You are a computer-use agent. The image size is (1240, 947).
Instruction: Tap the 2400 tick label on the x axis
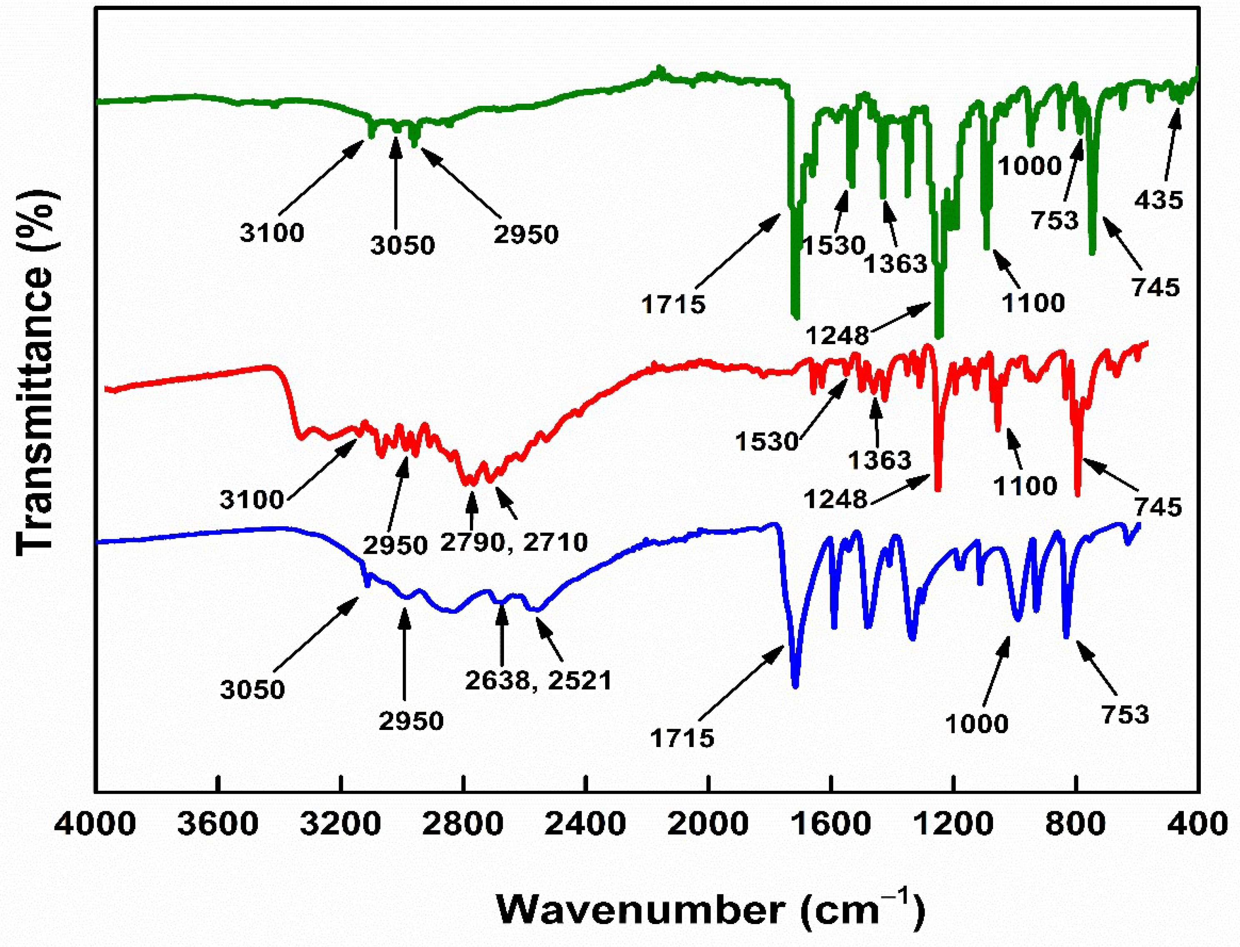(x=586, y=824)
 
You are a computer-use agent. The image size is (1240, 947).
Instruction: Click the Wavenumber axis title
(x=711, y=909)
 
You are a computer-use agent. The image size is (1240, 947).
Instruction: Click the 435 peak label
(x=1158, y=200)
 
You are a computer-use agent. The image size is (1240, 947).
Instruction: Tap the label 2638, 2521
(x=538, y=680)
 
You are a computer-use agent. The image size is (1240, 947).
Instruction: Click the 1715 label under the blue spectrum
(x=682, y=738)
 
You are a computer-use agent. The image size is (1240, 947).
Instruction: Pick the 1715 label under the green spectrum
(x=674, y=305)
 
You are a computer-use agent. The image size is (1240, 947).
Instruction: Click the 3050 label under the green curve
(x=402, y=245)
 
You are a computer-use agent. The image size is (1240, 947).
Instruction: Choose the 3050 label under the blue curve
(x=252, y=690)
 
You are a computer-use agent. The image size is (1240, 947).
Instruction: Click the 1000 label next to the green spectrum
(x=1030, y=166)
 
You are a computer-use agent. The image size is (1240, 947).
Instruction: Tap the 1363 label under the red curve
(x=879, y=460)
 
